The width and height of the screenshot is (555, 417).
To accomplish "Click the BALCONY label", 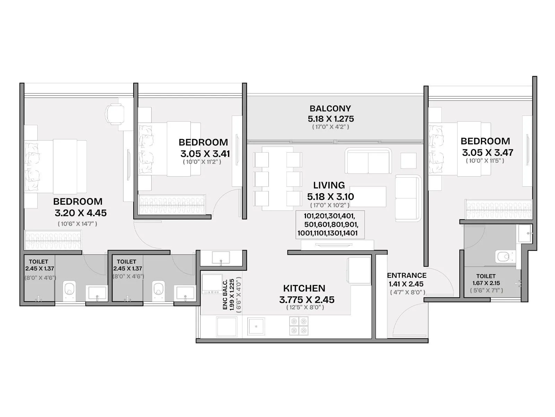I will pyautogui.click(x=330, y=109).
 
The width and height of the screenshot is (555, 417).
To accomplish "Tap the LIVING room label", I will pyautogui.click(x=329, y=185).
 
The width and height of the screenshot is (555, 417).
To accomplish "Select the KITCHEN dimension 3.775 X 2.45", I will pyautogui.click(x=307, y=300).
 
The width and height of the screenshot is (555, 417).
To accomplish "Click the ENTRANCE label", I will pyautogui.click(x=407, y=276).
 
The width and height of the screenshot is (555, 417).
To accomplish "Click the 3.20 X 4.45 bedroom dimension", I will pyautogui.click(x=80, y=213).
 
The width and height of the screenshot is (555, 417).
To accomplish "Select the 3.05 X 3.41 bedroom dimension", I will pyautogui.click(x=205, y=154).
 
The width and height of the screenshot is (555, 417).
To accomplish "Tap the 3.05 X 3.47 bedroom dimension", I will pyautogui.click(x=487, y=153).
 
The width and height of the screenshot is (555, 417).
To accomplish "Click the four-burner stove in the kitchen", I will pyautogui.click(x=299, y=326).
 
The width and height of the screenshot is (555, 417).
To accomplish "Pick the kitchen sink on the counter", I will pyautogui.click(x=256, y=326).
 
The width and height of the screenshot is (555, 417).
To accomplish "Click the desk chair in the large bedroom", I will pyautogui.click(x=115, y=114).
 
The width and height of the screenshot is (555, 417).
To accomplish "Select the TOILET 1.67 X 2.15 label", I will pyautogui.click(x=486, y=280).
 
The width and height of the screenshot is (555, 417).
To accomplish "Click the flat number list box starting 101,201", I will pyautogui.click(x=330, y=224).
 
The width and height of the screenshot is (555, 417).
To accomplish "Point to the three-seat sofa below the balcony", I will pyautogui.click(x=368, y=161).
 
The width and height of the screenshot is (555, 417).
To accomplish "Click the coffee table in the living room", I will pyautogui.click(x=368, y=197).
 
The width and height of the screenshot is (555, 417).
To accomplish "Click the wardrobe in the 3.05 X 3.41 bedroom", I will pyautogui.click(x=172, y=204).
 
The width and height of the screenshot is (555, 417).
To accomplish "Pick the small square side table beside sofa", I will pyautogui.click(x=408, y=161).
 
